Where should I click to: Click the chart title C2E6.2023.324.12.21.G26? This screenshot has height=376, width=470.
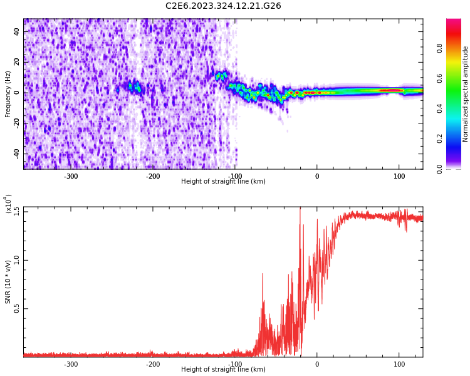223,6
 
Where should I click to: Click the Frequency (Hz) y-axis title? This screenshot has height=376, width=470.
8,94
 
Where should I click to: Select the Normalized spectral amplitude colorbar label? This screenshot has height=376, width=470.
466,94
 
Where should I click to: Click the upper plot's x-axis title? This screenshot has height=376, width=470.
223,182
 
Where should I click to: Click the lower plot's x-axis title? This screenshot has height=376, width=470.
223,370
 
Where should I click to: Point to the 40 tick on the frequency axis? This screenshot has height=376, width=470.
17,32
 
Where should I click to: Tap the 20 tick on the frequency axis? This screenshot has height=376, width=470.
17,62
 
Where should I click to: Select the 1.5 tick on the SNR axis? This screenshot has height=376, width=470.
17,211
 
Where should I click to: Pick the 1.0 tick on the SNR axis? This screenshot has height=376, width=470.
17,259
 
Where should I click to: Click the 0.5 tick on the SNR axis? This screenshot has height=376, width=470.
17,308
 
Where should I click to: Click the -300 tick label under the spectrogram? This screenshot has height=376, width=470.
71,176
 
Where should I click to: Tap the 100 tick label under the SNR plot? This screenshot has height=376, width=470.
399,364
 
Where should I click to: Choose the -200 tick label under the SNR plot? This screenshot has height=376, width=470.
153,364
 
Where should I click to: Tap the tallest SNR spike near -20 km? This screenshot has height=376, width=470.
300,209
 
